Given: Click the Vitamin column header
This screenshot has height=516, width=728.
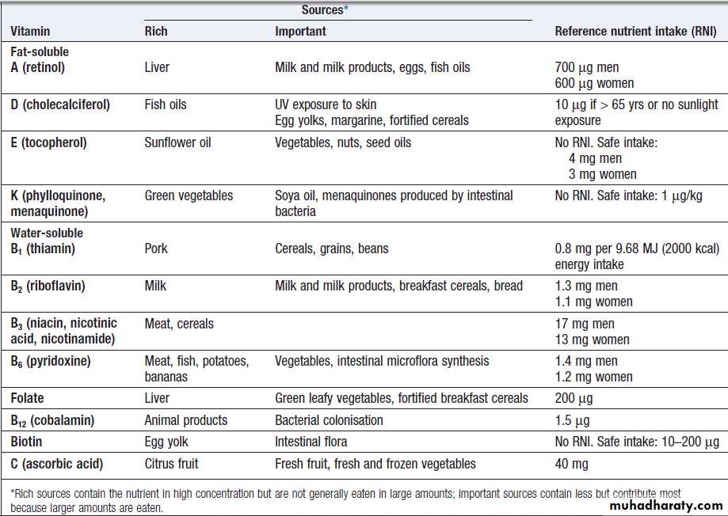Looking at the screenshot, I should click(x=30, y=32).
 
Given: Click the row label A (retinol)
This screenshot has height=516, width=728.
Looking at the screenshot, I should click(x=38, y=67).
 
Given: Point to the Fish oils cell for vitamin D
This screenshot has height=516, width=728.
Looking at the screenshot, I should click(x=166, y=104).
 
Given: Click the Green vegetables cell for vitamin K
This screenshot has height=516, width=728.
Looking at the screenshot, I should click(x=189, y=195).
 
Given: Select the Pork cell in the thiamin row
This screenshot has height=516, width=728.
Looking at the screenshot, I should click(x=157, y=249).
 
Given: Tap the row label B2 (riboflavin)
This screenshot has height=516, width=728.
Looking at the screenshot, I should click(x=48, y=286).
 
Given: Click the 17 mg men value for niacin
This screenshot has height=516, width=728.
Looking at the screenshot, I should click(x=586, y=324).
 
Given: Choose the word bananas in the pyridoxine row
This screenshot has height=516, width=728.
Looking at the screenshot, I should click(x=166, y=377).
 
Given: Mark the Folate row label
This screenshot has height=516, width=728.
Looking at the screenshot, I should click(x=27, y=398).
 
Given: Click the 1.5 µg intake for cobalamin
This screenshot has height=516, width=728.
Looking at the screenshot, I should click(x=573, y=420).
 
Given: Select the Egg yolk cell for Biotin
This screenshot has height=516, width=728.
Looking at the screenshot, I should click(x=166, y=442).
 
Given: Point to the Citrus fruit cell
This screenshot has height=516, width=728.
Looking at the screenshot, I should click(x=171, y=464).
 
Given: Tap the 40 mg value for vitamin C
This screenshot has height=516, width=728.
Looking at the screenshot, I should click(x=572, y=464).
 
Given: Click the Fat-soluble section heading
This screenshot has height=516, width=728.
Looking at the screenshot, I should click(x=40, y=51).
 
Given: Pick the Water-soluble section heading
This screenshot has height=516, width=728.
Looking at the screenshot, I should click(x=47, y=233).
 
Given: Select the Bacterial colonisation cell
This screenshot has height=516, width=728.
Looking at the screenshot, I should click(x=329, y=420).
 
